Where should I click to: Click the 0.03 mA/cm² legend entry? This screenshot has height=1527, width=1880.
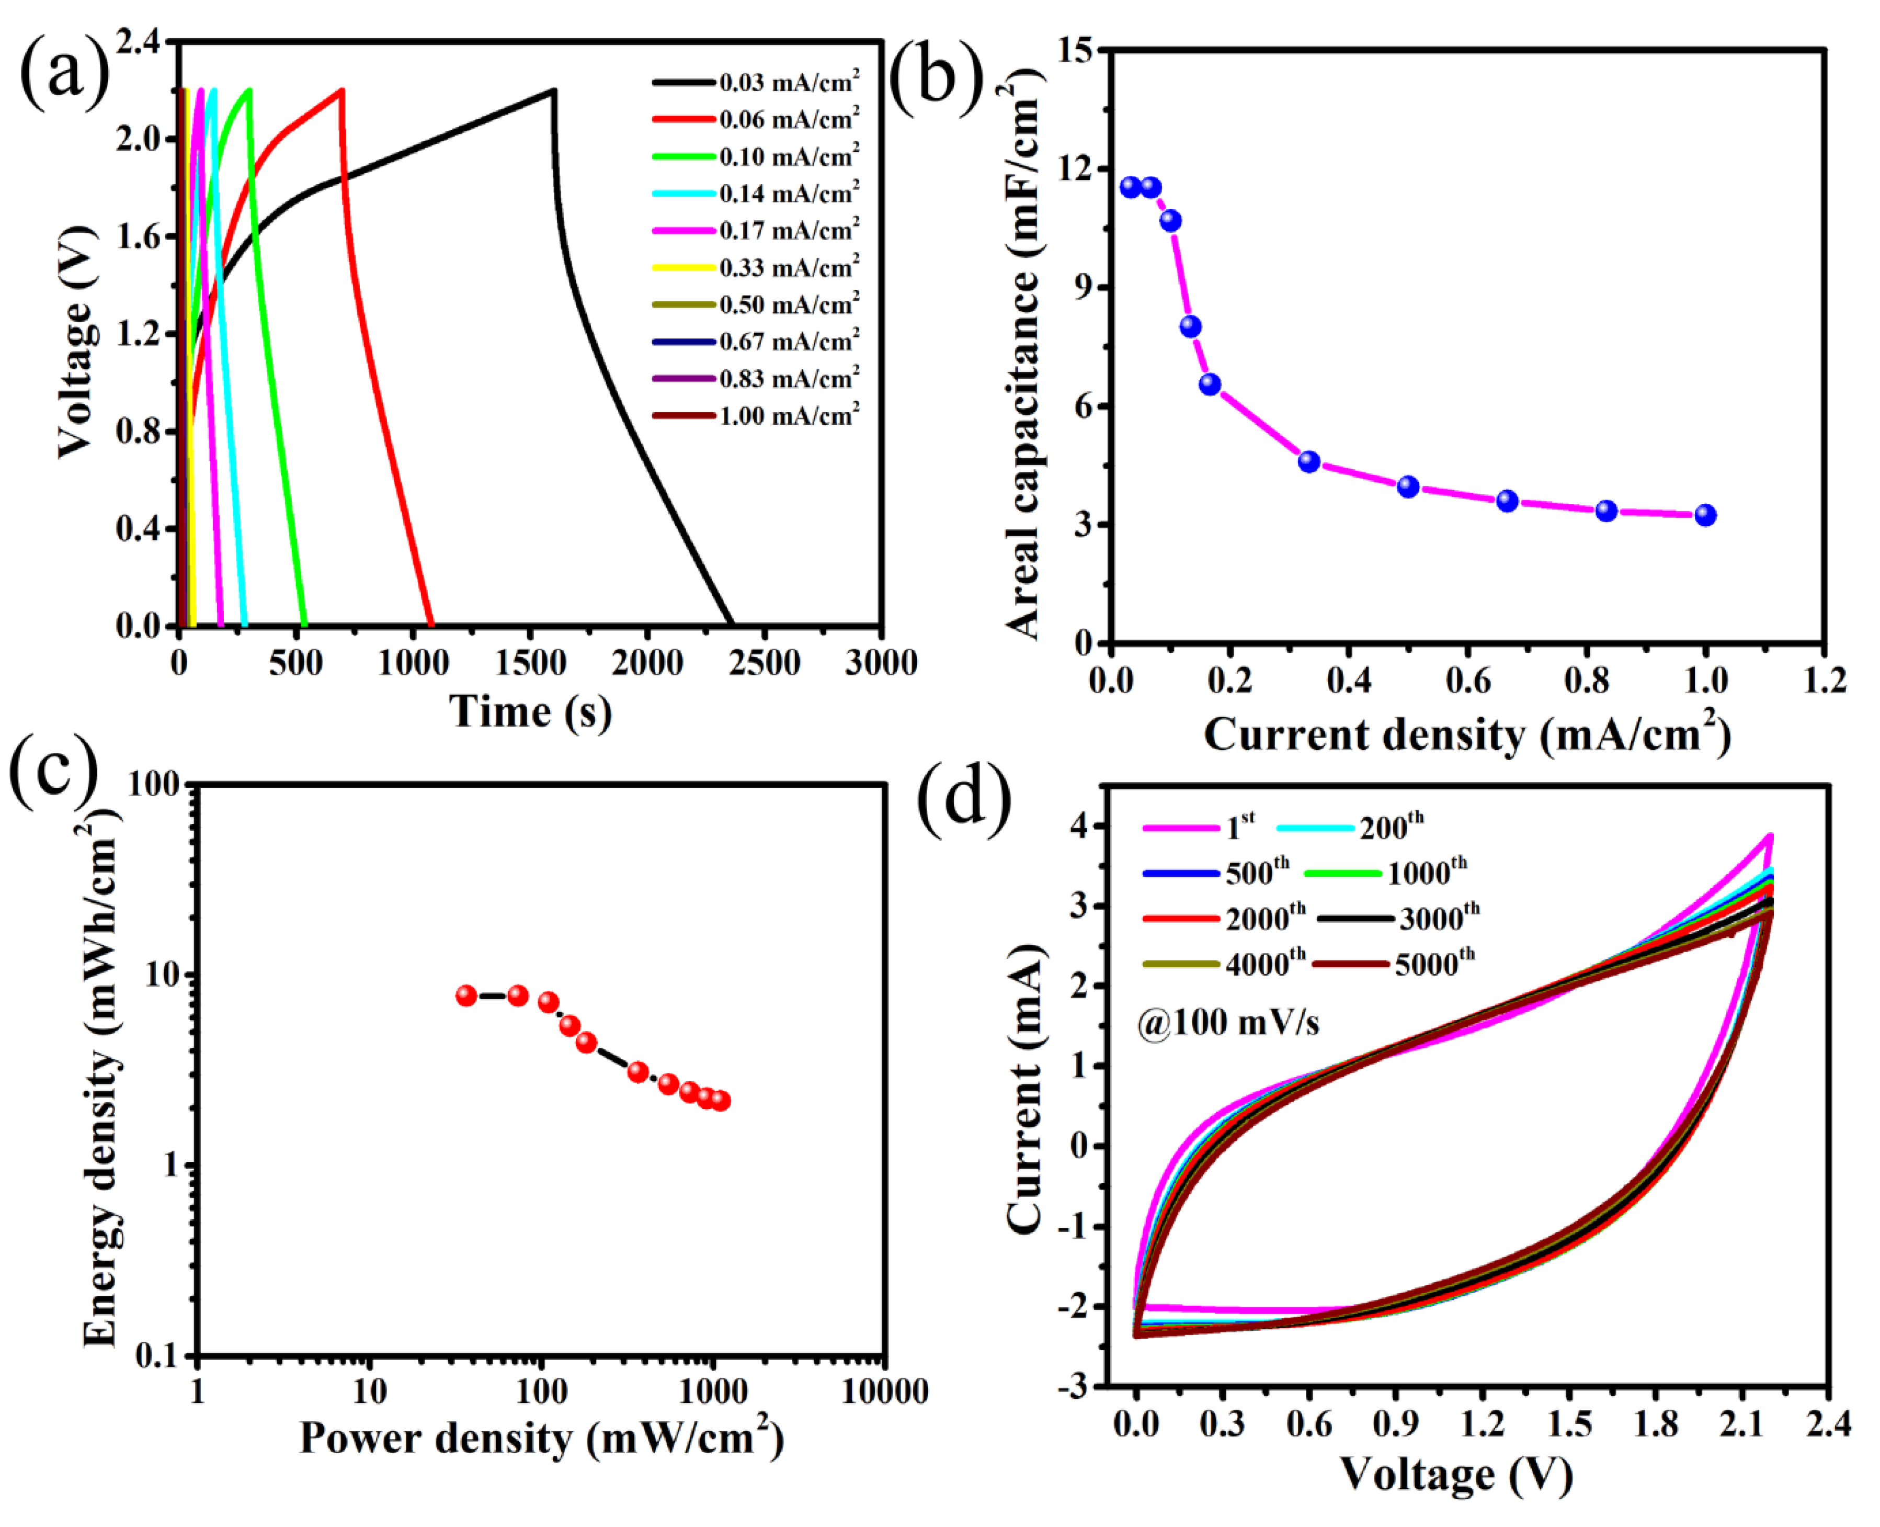point(756,83)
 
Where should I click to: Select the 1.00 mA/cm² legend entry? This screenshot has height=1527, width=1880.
point(756,415)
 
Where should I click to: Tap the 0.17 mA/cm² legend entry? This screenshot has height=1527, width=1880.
point(756,231)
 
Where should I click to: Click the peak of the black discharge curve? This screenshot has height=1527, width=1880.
point(553,90)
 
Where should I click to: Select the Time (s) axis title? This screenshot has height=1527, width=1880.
point(530,711)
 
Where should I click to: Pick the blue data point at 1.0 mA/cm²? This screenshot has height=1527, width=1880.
point(1705,515)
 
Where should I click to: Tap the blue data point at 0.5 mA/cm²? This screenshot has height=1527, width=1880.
point(1408,487)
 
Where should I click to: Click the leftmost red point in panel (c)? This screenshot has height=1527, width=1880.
point(466,996)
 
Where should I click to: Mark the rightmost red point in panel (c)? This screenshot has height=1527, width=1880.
point(720,1100)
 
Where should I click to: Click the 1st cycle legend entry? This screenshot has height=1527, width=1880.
point(1200,827)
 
